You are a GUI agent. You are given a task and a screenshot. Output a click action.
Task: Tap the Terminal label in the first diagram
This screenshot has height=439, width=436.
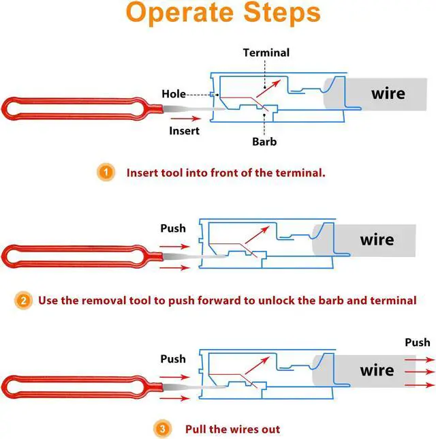point(266,52)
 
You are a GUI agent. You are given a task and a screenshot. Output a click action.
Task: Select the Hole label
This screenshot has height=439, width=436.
point(173,94)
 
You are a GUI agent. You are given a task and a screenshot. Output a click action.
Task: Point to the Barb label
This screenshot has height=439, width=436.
point(264,142)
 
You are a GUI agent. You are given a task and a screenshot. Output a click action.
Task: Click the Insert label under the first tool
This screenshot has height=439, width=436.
point(184,130)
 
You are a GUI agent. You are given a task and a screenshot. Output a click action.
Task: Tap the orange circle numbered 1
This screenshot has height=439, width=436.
point(105,172)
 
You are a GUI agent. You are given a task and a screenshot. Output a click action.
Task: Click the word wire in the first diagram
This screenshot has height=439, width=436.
point(388,93)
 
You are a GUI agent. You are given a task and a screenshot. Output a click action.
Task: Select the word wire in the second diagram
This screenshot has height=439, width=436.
point(377,240)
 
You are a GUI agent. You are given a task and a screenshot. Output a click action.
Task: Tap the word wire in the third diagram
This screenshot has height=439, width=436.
point(377,370)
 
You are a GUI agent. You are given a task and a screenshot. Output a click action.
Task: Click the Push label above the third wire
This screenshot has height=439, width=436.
point(417,342)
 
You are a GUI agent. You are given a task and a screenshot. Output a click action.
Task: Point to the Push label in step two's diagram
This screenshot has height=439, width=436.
point(173,228)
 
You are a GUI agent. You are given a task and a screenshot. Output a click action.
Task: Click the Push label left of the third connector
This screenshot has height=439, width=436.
point(173,359)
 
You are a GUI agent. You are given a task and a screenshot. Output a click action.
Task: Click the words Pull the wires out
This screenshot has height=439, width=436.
point(232,429)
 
